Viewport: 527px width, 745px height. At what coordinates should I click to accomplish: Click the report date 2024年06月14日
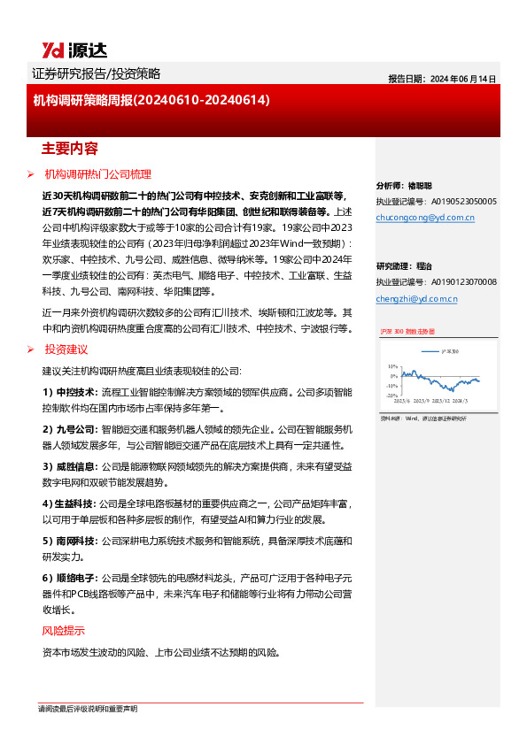pyautogui.click(x=442, y=79)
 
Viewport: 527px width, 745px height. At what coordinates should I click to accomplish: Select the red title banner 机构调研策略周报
pyautogui.click(x=151, y=102)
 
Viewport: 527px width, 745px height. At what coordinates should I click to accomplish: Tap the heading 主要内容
pyautogui.click(x=70, y=147)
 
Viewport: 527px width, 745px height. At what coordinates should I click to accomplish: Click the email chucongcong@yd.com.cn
pyautogui.click(x=425, y=217)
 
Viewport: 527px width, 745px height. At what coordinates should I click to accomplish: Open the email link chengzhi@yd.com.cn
pyautogui.click(x=416, y=299)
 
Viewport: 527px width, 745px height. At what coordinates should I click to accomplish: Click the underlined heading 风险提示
pyautogui.click(x=64, y=631)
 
